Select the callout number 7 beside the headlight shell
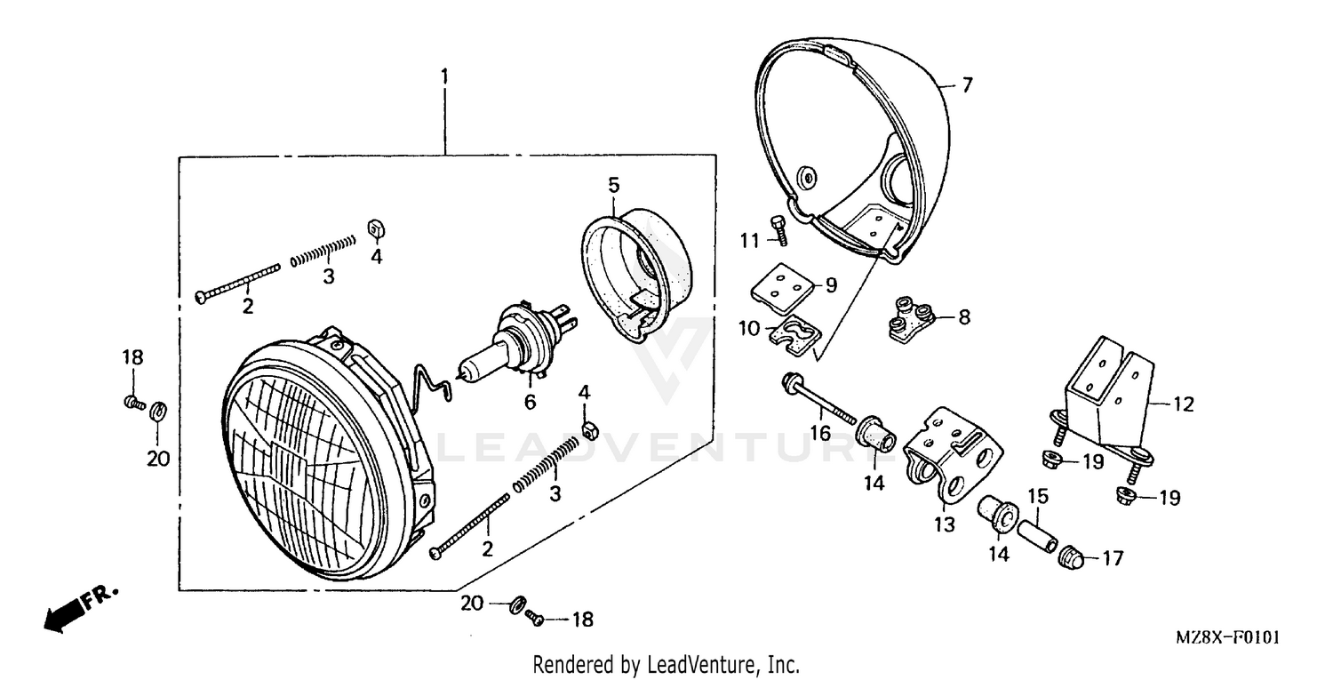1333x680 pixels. pyautogui.click(x=967, y=85)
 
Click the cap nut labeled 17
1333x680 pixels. pyautogui.click(x=1070, y=557)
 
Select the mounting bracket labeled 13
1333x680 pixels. pyautogui.click(x=951, y=453)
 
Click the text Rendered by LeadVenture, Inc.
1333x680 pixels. pyautogui.click(x=666, y=664)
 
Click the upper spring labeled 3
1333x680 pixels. pyautogui.click(x=323, y=250)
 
